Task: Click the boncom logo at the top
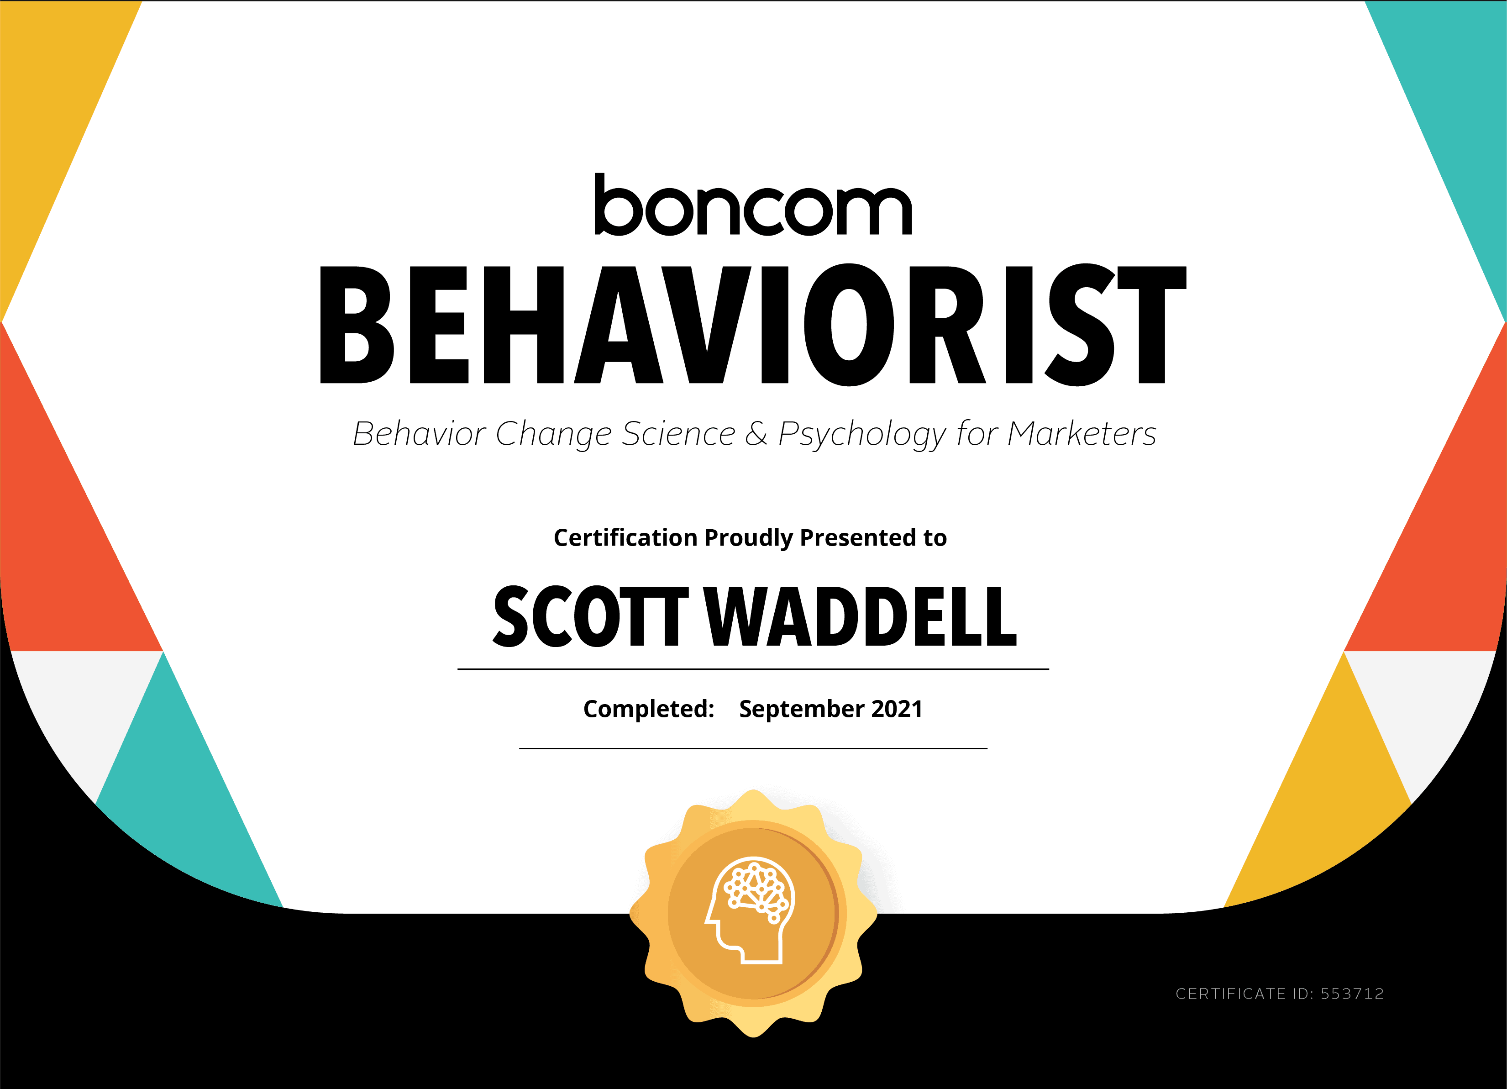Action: [753, 205]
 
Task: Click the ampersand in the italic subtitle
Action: [756, 434]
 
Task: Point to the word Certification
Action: [625, 537]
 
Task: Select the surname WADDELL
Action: [861, 616]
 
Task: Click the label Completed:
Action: [649, 709]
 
